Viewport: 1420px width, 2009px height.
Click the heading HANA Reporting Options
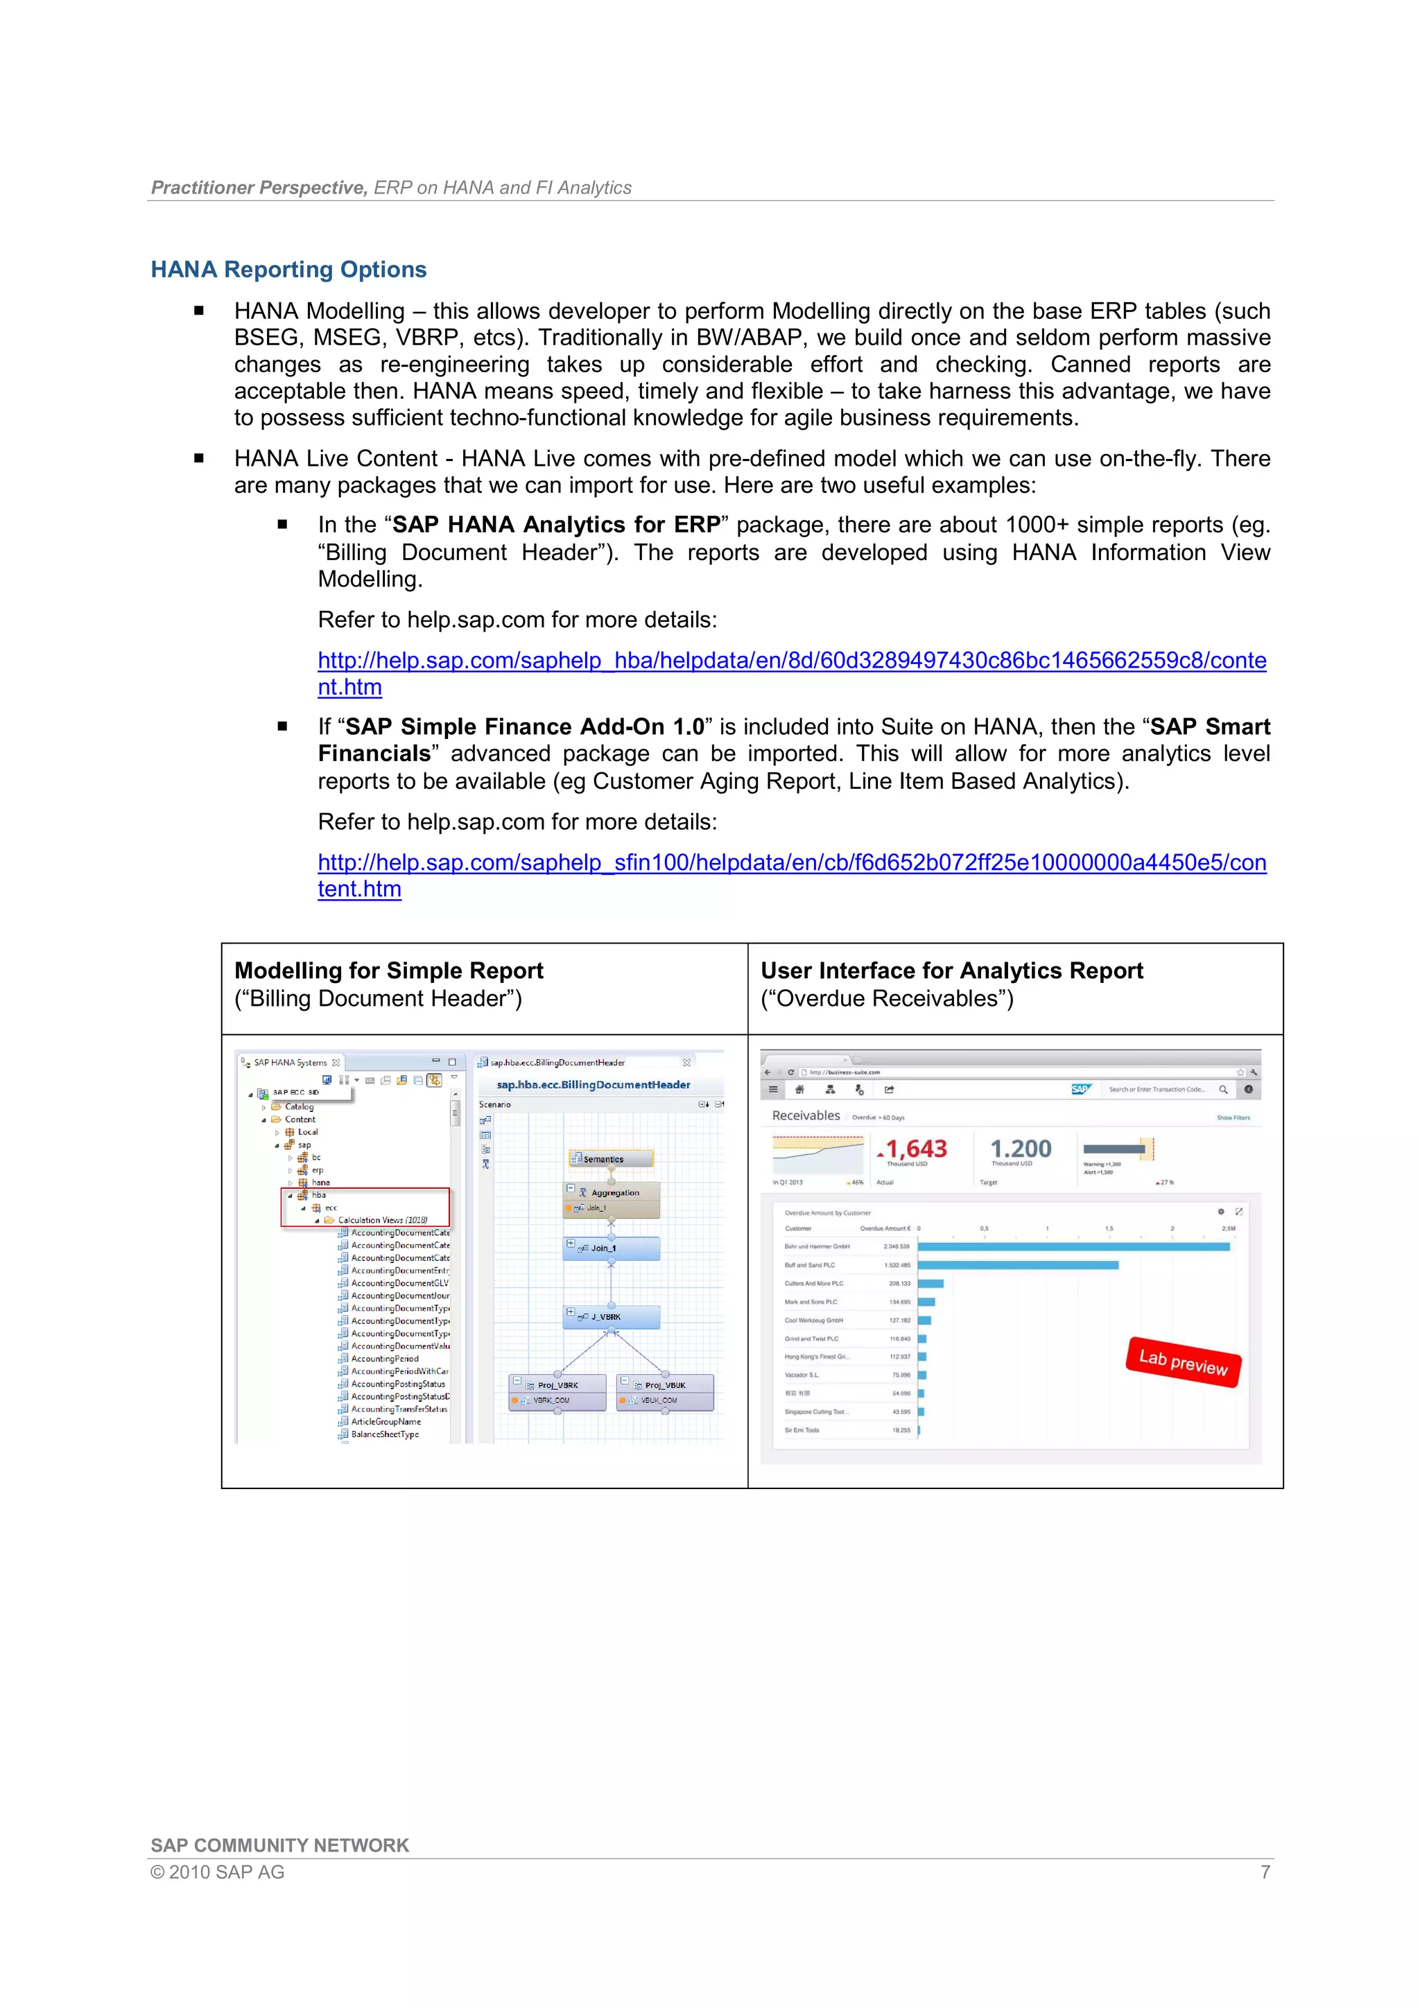coord(288,270)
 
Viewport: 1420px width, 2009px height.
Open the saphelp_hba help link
coord(791,661)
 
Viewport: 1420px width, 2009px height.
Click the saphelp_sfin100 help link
coord(791,863)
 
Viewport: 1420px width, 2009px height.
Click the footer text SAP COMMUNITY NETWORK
coord(279,1845)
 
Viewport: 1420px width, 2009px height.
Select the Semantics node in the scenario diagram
coord(611,1158)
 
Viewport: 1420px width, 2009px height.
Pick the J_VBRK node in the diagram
coord(611,1317)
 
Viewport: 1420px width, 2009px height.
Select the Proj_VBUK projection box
coord(665,1385)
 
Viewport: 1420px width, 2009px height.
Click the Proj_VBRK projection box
coord(557,1385)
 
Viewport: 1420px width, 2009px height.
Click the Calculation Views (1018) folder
coord(381,1220)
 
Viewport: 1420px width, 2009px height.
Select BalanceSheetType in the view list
coord(385,1434)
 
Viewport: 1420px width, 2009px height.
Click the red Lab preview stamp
coord(1183,1362)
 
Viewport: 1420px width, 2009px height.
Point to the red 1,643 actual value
coord(915,1149)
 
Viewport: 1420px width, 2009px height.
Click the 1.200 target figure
coord(1020,1149)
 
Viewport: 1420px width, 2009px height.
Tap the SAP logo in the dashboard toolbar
coord(1080,1089)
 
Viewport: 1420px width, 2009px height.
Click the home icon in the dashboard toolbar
coord(799,1089)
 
